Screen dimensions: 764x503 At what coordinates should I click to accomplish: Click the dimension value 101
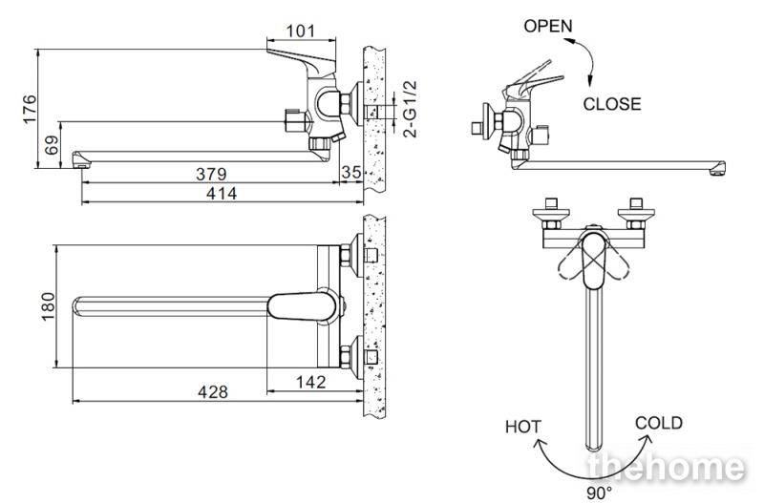pyautogui.click(x=301, y=31)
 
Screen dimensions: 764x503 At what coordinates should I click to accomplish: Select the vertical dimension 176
pyautogui.click(x=30, y=109)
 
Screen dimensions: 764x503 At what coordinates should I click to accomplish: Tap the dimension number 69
pyautogui.click(x=52, y=145)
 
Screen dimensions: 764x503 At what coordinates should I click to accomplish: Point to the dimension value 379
pyautogui.click(x=211, y=174)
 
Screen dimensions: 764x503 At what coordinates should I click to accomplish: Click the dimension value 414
pyautogui.click(x=222, y=194)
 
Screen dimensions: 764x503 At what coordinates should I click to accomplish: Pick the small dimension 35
pyautogui.click(x=351, y=172)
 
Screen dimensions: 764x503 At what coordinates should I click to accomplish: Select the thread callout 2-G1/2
pyautogui.click(x=411, y=109)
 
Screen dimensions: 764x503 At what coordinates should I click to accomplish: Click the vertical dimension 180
pyautogui.click(x=48, y=306)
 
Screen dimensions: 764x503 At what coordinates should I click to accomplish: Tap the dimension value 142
pyautogui.click(x=311, y=382)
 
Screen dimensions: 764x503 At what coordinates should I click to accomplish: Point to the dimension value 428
pyautogui.click(x=213, y=391)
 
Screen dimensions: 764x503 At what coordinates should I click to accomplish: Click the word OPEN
pyautogui.click(x=548, y=26)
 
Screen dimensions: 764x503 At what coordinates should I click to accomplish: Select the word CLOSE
pyautogui.click(x=612, y=104)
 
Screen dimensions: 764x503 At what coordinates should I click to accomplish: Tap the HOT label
pyautogui.click(x=522, y=427)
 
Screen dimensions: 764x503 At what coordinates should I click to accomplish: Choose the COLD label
pyautogui.click(x=659, y=423)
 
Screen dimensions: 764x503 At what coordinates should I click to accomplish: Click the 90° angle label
pyautogui.click(x=599, y=493)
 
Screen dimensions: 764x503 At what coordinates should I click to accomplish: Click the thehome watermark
pyautogui.click(x=667, y=467)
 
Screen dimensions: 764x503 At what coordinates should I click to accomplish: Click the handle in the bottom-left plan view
pyautogui.click(x=302, y=306)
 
